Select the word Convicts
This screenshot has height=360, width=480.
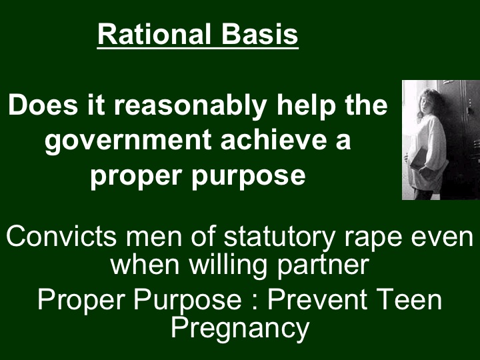[56, 237]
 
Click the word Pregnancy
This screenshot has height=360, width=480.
[240, 328]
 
